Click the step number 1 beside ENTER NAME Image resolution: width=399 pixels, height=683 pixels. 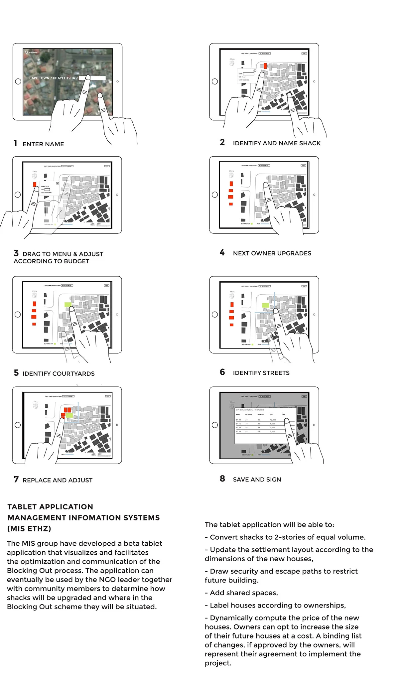pyautogui.click(x=15, y=143)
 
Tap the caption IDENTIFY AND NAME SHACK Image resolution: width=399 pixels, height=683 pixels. pyautogui.click(x=277, y=143)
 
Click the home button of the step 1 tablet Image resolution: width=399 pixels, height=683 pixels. pyautogui.click(x=18, y=81)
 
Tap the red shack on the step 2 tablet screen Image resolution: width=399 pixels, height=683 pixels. pyautogui.click(x=265, y=66)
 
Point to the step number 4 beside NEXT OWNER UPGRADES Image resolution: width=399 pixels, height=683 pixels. pyautogui.click(x=222, y=253)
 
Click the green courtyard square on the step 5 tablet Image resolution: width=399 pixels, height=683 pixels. pyautogui.click(x=68, y=305)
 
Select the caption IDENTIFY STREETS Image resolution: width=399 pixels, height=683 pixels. pyautogui.click(x=261, y=373)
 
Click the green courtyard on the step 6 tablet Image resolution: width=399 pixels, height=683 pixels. pyautogui.click(x=265, y=305)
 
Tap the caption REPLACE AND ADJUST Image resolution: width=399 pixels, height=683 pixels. pyautogui.click(x=58, y=480)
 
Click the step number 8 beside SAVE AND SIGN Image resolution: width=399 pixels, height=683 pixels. pyautogui.click(x=222, y=479)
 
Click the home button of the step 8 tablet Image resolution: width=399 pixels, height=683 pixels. pyautogui.click(x=215, y=425)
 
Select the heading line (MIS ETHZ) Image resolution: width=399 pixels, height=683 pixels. pyautogui.click(x=29, y=529)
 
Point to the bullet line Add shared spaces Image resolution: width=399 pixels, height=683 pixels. pyautogui.click(x=244, y=593)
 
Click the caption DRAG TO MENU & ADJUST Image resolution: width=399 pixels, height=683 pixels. pyautogui.click(x=63, y=254)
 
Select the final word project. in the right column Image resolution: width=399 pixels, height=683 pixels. pyautogui.click(x=218, y=663)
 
